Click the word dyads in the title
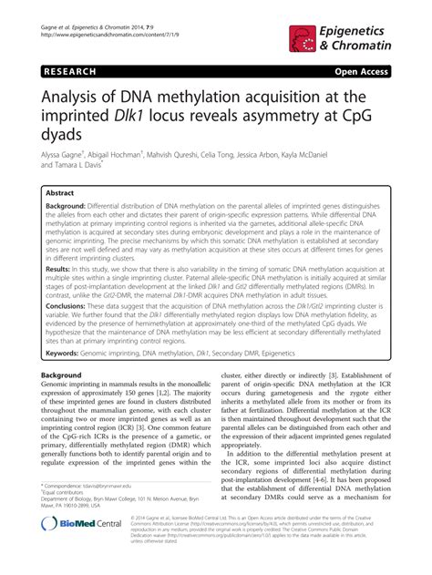(62, 136)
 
